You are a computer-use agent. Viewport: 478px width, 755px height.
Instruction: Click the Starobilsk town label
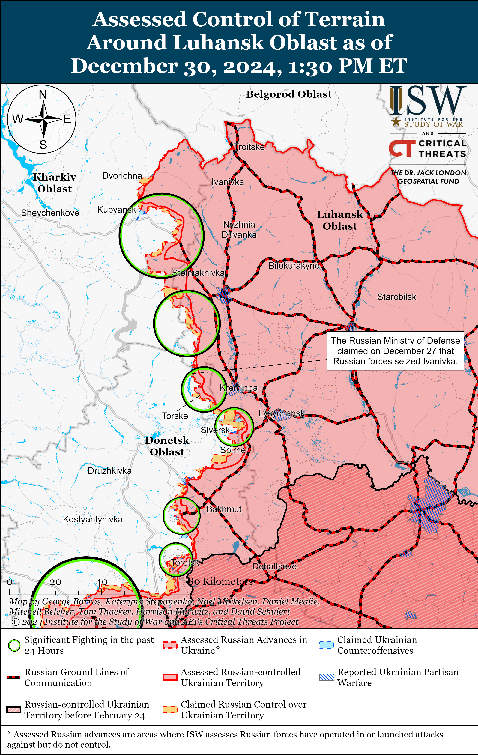(x=396, y=297)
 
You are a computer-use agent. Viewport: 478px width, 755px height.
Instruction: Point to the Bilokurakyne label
(x=294, y=266)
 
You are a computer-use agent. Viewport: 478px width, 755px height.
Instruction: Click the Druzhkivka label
(x=109, y=471)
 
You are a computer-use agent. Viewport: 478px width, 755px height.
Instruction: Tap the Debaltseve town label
(x=274, y=566)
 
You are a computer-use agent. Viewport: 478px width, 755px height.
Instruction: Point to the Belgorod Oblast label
(x=289, y=94)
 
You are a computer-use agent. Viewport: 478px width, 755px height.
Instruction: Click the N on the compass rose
(x=43, y=95)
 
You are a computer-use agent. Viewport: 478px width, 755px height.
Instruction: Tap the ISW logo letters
(x=427, y=101)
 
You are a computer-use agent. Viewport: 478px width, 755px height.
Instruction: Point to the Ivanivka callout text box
(x=395, y=351)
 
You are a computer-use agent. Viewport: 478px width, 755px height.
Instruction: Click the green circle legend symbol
(x=14, y=645)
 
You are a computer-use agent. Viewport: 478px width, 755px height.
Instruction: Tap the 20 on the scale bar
(x=55, y=582)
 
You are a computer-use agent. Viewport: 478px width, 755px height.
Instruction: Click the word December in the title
(x=124, y=66)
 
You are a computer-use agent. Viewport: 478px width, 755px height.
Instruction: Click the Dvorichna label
(x=122, y=176)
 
